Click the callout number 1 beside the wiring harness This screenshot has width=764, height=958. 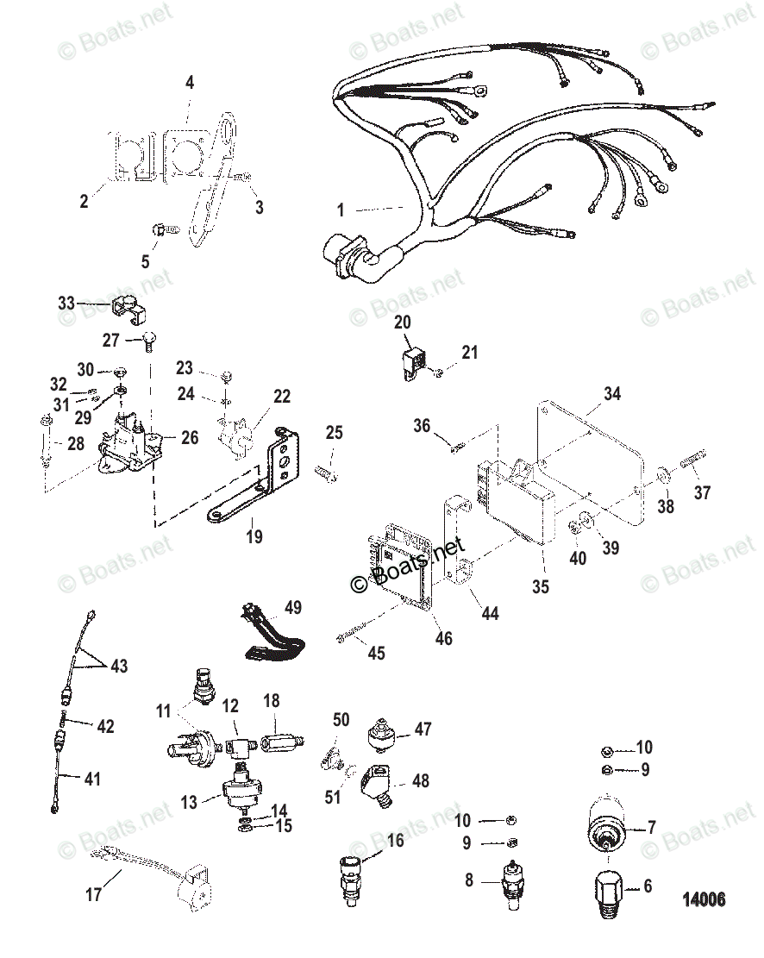pos(341,210)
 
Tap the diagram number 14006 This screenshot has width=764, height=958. pos(703,901)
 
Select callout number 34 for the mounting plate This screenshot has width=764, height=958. pos(611,395)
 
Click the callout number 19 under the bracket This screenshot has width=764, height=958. pos(254,536)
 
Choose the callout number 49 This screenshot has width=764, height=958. pos(293,608)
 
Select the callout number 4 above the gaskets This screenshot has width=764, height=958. pos(190,84)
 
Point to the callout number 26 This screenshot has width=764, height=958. pos(189,438)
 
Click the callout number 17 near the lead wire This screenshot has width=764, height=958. pos(93,894)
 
